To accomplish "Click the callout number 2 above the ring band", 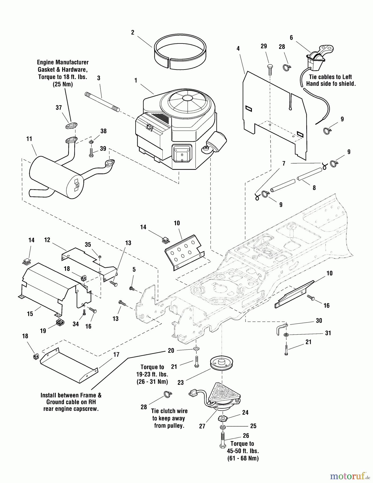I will [133, 32].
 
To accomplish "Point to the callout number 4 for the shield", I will [238, 49].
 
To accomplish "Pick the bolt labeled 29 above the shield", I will [270, 69].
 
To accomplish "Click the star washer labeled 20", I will [196, 349].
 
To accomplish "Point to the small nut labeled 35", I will [100, 257].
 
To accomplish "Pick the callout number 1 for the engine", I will [136, 80].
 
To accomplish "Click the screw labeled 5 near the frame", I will [132, 288].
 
